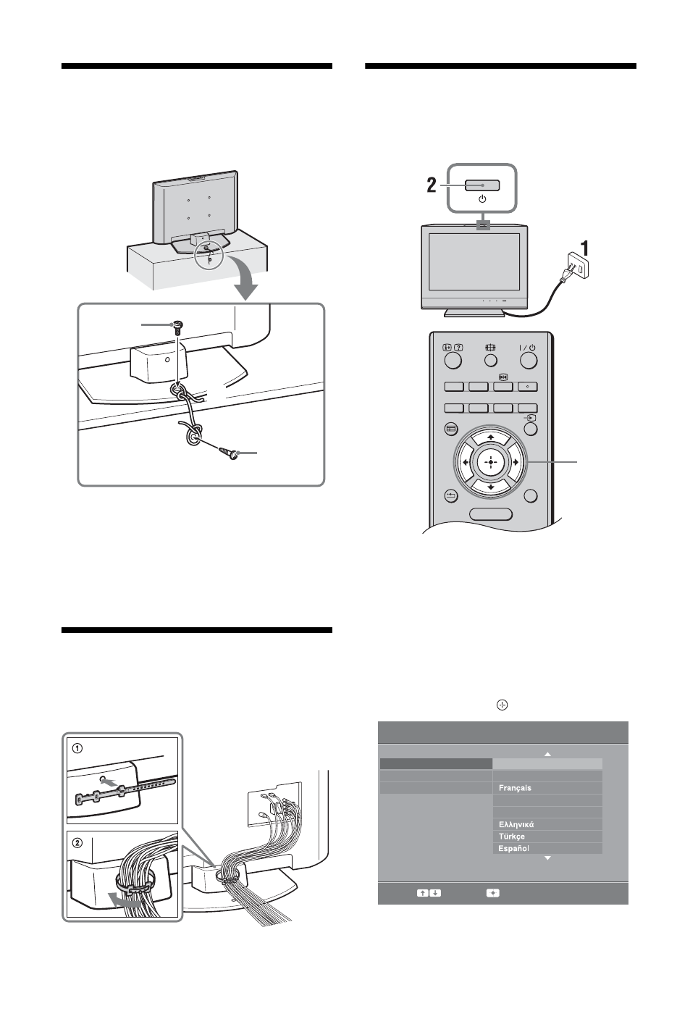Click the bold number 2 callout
[432, 185]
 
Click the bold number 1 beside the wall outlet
[584, 249]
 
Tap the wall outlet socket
[579, 266]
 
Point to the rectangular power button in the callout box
[482, 185]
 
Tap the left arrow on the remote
[466, 462]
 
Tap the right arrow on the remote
[515, 462]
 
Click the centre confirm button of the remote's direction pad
[490, 462]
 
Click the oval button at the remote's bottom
[491, 514]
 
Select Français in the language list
[515, 788]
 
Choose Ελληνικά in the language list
[516, 824]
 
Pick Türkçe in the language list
[511, 837]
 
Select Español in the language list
[513, 848]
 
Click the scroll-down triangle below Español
[547, 858]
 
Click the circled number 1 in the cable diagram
[78, 748]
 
